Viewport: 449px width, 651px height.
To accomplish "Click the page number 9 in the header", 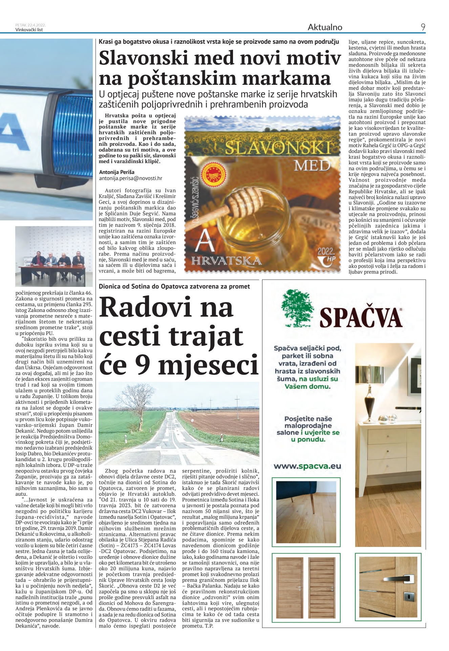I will [x=423, y=27].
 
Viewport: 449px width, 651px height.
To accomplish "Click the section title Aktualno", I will [x=325, y=27].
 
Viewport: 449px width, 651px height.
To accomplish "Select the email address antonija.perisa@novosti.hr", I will [x=130, y=178].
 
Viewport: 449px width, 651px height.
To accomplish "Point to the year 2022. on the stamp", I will [x=326, y=252].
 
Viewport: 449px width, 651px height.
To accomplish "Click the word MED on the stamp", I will [x=312, y=166].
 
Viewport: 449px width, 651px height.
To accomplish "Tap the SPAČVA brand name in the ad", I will [x=361, y=317].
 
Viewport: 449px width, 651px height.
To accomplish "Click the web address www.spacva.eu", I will [x=307, y=466].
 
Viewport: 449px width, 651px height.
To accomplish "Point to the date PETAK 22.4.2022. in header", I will [x=30, y=25].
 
